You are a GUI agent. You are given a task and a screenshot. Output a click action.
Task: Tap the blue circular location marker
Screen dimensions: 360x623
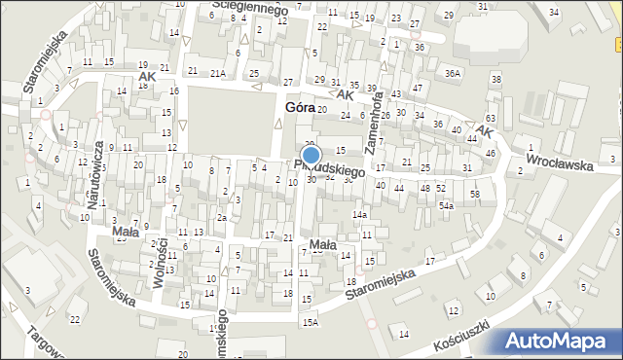311,156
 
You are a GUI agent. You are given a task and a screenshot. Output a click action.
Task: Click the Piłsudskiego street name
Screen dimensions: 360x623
330,168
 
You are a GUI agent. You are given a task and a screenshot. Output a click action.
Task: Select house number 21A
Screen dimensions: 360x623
218,73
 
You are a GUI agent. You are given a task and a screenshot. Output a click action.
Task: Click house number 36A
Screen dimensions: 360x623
452,73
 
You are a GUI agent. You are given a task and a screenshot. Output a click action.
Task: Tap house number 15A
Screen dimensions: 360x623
310,322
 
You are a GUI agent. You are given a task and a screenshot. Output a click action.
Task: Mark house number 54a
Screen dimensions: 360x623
446,206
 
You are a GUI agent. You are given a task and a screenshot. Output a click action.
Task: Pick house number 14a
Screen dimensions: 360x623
359,214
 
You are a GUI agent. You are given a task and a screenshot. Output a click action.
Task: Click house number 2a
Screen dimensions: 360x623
222,218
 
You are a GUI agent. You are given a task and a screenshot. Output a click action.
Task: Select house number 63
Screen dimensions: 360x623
490,118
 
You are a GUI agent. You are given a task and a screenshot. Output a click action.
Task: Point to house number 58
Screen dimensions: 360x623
474,195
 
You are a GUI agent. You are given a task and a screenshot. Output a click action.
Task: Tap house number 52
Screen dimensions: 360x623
440,188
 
